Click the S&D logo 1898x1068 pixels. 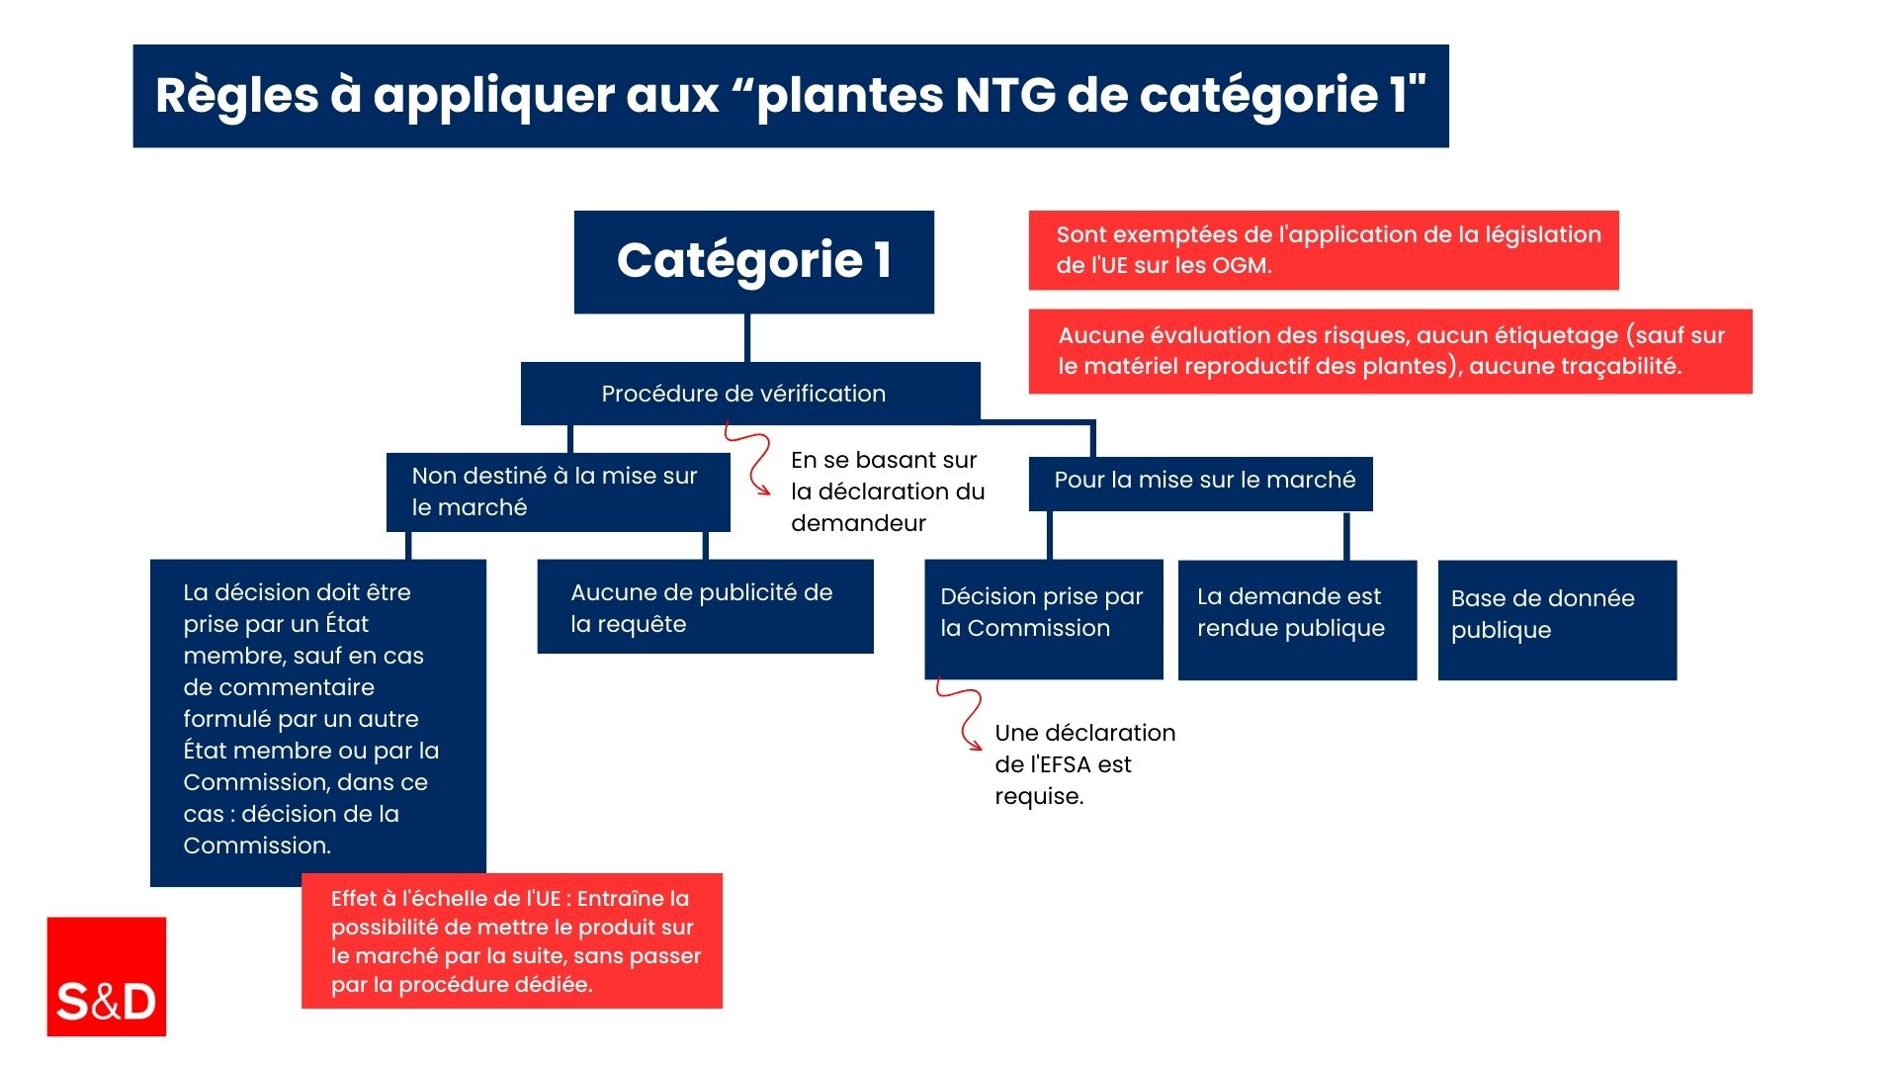(x=107, y=976)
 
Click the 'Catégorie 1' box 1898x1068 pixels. (x=754, y=262)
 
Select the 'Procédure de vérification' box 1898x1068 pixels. (x=750, y=394)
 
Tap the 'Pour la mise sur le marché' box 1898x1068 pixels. (x=1201, y=484)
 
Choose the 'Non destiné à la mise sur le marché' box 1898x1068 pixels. (x=559, y=492)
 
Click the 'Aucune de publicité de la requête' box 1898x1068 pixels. (x=706, y=606)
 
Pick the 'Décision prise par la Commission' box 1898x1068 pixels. (x=1044, y=620)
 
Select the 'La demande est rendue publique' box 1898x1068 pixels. (x=1298, y=620)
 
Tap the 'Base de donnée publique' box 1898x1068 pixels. (x=1558, y=620)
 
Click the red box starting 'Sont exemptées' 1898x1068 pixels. (x=1324, y=250)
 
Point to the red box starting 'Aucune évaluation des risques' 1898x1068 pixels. (x=1391, y=351)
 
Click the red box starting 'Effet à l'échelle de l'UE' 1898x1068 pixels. (x=512, y=940)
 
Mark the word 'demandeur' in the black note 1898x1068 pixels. (x=858, y=523)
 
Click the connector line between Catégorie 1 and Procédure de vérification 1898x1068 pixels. (x=747, y=338)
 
